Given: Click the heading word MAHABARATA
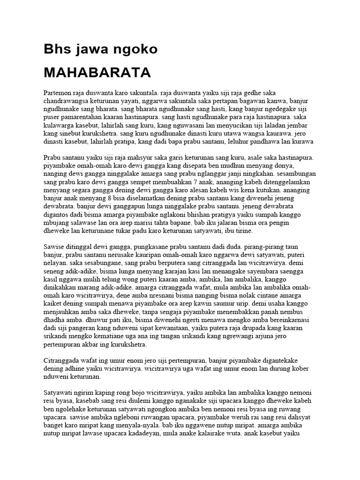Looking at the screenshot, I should (97, 73).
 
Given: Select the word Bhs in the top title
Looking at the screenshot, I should (57, 49).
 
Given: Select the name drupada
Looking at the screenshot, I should (240, 328).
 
